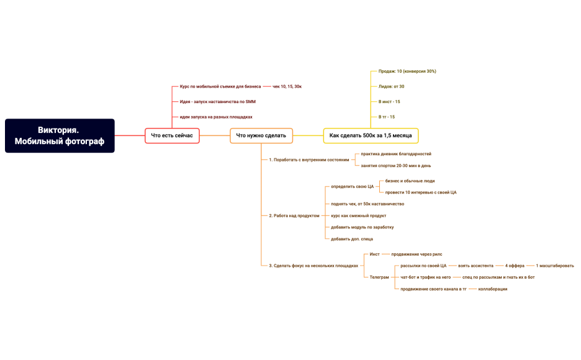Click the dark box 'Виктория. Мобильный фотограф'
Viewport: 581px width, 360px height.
click(60, 135)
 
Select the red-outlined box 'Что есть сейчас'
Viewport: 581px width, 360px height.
click(172, 135)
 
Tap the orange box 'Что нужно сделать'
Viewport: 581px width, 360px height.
click(261, 135)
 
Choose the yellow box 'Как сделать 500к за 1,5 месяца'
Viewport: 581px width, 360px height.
click(371, 135)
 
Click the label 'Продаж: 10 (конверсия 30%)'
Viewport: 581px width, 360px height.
click(407, 71)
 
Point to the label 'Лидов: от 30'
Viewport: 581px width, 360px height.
click(391, 86)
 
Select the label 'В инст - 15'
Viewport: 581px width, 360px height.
click(389, 101)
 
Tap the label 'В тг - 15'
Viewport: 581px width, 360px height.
click(387, 117)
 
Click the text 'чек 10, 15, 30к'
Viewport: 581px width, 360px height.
click(287, 86)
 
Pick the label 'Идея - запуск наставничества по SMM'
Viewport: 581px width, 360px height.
click(217, 101)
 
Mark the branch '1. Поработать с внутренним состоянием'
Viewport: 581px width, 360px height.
click(309, 160)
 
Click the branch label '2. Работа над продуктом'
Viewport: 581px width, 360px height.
click(294, 215)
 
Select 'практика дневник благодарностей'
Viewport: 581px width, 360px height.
click(396, 154)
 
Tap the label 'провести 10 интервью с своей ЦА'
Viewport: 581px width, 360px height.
click(421, 192)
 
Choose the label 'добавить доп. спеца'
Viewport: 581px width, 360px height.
click(352, 239)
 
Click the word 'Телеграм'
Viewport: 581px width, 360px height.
click(379, 277)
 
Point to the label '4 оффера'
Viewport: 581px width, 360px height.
click(515, 266)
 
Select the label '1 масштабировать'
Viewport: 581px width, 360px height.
click(555, 266)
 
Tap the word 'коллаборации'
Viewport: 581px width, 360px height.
click(493, 289)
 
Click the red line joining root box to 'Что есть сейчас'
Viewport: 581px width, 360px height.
click(130, 135)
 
